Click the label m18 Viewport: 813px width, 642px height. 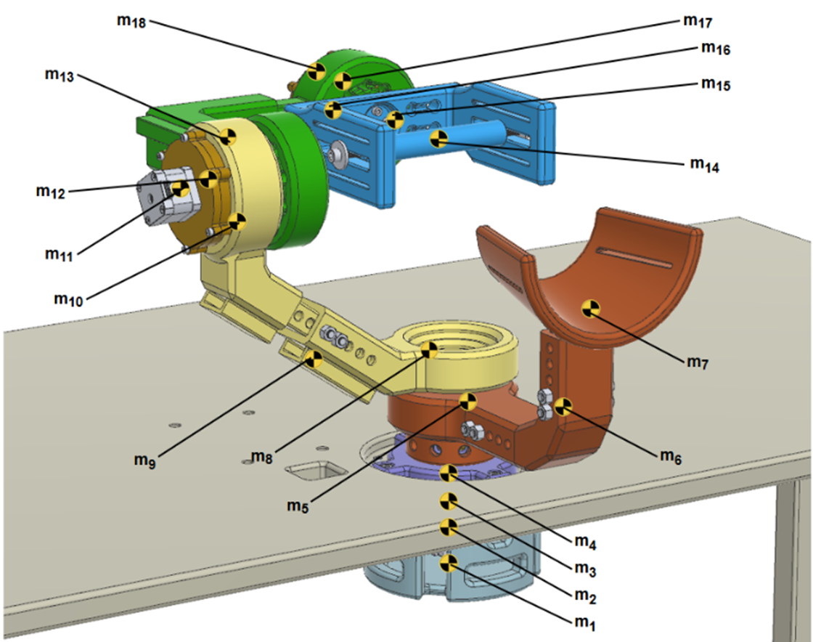click(131, 22)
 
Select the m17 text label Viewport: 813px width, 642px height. click(698, 20)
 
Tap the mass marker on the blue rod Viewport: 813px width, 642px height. click(438, 139)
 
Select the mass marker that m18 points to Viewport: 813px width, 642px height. click(316, 71)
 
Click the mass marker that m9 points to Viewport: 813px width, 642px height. click(314, 358)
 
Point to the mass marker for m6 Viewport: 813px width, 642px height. click(563, 406)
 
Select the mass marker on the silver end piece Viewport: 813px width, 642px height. click(180, 190)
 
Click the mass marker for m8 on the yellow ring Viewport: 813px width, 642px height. click(430, 350)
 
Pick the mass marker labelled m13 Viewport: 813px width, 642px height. click(228, 136)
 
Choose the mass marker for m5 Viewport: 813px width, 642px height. click(469, 400)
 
